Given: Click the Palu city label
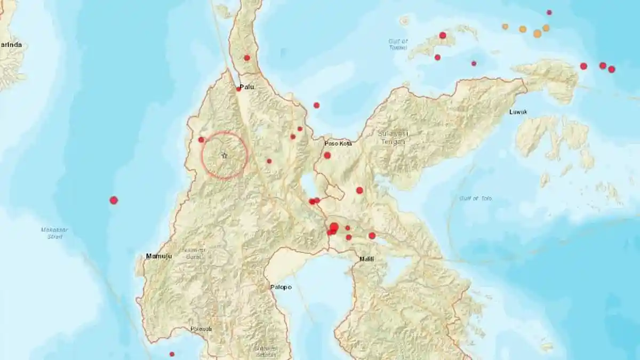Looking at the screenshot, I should click(x=246, y=86).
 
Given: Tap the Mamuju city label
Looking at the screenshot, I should click(x=159, y=257).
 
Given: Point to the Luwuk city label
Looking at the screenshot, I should click(x=518, y=112).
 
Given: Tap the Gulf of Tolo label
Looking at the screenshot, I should click(x=476, y=198).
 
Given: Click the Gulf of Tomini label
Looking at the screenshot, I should click(x=398, y=44).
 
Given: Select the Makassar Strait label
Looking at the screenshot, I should click(x=53, y=233).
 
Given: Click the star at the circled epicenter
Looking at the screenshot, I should click(x=224, y=155).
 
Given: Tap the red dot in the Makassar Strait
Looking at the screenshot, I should click(x=114, y=200).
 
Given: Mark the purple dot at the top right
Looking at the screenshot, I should click(x=549, y=12).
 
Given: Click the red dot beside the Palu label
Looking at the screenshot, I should click(x=238, y=89).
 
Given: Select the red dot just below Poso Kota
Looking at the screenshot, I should click(x=327, y=155).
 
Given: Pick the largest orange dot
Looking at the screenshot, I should click(x=537, y=33).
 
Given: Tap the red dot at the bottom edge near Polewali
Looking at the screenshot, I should click(x=172, y=354).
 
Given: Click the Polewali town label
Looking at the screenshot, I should click(x=201, y=329).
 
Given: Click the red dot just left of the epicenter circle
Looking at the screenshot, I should click(x=201, y=140).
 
